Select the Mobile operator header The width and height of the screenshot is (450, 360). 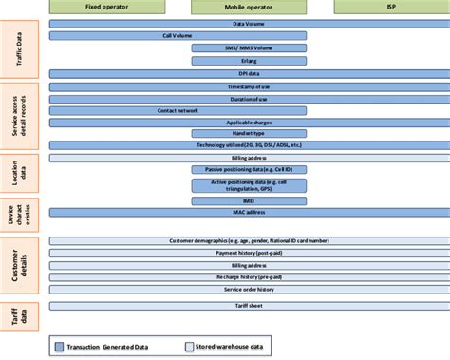(x=249, y=6)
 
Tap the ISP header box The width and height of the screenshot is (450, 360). (x=391, y=6)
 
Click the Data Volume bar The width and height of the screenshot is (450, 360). (x=249, y=23)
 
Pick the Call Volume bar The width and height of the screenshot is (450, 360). (x=178, y=34)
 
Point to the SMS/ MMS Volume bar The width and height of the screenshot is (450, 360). (x=249, y=47)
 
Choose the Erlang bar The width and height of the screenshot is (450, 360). (x=249, y=59)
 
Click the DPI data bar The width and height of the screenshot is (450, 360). (x=249, y=71)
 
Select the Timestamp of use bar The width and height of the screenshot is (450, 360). (x=249, y=86)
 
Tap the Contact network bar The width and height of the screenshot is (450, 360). (x=178, y=110)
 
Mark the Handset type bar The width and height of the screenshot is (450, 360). (x=249, y=134)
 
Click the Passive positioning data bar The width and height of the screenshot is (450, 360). (x=249, y=168)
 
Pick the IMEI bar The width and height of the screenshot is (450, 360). (x=249, y=200)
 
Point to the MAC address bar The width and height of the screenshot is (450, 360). (x=249, y=213)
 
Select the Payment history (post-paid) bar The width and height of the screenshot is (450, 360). (x=249, y=254)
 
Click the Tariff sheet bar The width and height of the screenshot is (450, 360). (x=249, y=306)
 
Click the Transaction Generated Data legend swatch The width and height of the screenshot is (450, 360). (x=60, y=347)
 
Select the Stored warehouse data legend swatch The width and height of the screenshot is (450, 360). (x=189, y=347)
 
